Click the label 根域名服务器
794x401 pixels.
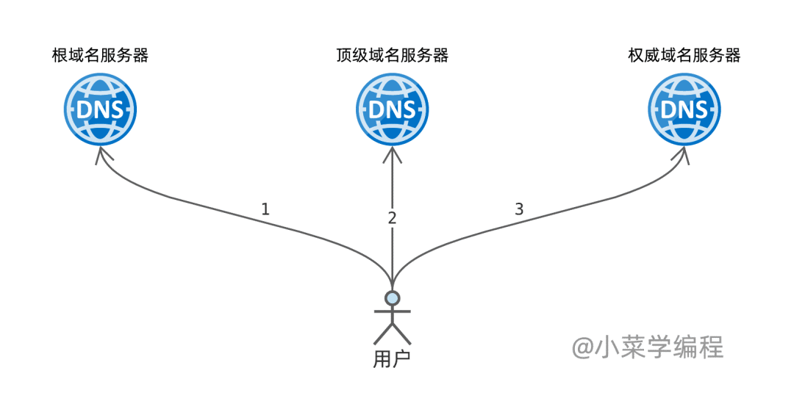coord(100,55)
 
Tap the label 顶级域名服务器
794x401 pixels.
coord(392,55)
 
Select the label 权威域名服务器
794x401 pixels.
coord(684,55)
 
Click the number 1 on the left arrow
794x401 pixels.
coord(265,209)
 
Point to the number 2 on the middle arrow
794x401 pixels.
coord(392,217)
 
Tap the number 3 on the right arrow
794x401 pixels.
coord(519,209)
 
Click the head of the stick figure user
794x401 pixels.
coord(392,297)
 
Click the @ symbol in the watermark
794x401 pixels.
coord(583,347)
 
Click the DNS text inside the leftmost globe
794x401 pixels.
coord(100,109)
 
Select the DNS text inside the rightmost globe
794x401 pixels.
coord(684,109)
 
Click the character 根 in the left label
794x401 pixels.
coord(60,55)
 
